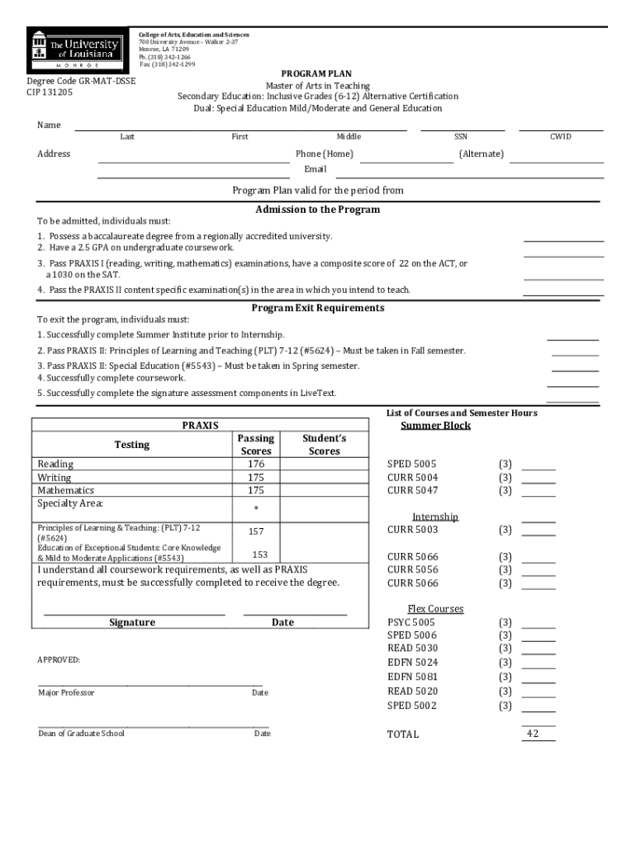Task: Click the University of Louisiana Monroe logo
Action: point(75,49)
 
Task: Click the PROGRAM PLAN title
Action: point(317,74)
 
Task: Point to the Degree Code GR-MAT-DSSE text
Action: point(81,81)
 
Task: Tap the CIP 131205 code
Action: point(50,92)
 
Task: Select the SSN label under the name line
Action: point(461,137)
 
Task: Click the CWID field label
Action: point(560,137)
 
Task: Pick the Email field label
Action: point(315,169)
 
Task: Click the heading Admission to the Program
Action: point(317,210)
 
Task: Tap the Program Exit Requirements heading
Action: point(317,308)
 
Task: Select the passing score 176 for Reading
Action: point(255,464)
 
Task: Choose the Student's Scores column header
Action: point(324,445)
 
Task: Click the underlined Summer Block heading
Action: point(435,426)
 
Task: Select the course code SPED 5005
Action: point(412,464)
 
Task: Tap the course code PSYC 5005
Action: point(411,622)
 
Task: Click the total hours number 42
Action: point(532,734)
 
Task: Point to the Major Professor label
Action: point(66,692)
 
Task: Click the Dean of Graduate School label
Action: point(81,734)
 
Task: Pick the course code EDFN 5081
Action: point(412,677)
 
